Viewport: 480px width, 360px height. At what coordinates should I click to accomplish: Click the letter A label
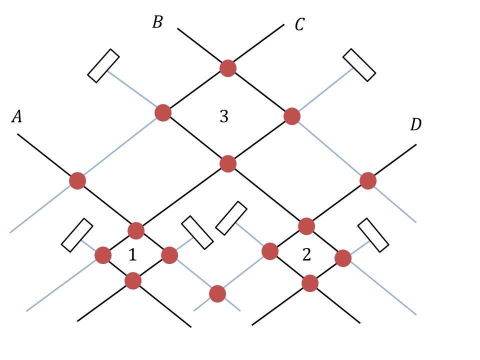[x=17, y=117]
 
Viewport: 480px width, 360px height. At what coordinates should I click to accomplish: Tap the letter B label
[x=157, y=22]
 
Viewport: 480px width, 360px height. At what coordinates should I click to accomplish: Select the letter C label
[x=299, y=24]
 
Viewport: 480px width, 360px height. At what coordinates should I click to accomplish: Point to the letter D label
[x=415, y=125]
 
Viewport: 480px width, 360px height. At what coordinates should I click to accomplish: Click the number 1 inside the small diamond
[x=132, y=255]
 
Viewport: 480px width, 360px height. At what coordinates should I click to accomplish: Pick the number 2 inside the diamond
[x=306, y=255]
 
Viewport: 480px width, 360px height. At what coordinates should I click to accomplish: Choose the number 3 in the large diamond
[x=224, y=116]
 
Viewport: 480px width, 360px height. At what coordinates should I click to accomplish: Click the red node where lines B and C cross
[x=228, y=68]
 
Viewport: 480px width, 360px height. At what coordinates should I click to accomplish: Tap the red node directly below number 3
[x=228, y=163]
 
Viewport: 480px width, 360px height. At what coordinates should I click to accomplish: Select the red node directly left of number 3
[x=163, y=113]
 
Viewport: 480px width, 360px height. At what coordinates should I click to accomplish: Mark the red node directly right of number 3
[x=292, y=116]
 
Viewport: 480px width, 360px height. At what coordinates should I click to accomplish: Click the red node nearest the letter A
[x=77, y=180]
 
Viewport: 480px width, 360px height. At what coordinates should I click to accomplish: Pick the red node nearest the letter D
[x=368, y=180]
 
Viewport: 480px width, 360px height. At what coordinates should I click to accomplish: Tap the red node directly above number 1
[x=136, y=230]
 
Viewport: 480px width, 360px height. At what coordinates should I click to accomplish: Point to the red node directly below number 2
[x=310, y=283]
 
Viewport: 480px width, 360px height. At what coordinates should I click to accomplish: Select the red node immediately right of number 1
[x=169, y=255]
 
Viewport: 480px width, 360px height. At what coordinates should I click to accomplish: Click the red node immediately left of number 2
[x=270, y=251]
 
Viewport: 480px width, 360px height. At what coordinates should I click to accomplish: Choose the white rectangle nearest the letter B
[x=103, y=65]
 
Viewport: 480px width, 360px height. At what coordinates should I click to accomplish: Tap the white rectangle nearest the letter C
[x=359, y=65]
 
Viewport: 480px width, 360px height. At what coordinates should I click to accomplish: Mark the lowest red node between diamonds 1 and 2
[x=217, y=293]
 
